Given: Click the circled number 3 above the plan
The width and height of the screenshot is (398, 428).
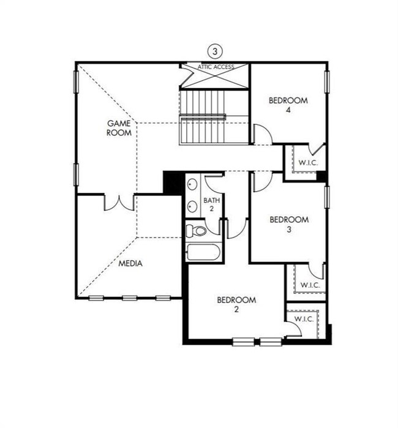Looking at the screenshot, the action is click(x=215, y=51).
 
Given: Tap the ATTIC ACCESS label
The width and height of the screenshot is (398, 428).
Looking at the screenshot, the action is click(x=216, y=67).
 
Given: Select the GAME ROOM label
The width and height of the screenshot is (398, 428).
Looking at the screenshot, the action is click(x=119, y=128).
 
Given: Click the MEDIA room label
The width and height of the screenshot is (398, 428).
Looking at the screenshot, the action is click(x=130, y=263).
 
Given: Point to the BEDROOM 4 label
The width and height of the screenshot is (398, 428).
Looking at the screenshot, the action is click(x=288, y=105).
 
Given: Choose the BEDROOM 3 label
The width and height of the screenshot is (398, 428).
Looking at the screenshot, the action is click(x=289, y=224).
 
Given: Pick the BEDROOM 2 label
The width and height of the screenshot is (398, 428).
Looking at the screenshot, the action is click(x=236, y=305).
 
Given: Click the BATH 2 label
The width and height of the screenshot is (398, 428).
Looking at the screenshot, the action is click(x=212, y=205).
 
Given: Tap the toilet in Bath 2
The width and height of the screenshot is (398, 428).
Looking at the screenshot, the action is click(x=197, y=231).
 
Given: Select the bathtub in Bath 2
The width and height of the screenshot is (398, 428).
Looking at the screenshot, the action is click(x=203, y=252).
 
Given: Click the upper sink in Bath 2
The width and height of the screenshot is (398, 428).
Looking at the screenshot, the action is click(x=192, y=184).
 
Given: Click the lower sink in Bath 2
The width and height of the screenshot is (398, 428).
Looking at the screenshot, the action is click(x=192, y=206).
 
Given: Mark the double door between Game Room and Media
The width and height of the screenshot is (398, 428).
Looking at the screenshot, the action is click(x=119, y=203).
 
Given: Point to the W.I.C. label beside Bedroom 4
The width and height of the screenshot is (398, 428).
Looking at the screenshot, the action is click(x=308, y=163).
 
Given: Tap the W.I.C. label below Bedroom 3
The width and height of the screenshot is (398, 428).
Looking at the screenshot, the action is click(x=310, y=285).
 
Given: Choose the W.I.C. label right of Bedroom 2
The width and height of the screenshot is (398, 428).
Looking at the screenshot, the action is click(x=304, y=319).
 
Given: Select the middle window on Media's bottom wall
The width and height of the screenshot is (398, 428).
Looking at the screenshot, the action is click(x=129, y=298).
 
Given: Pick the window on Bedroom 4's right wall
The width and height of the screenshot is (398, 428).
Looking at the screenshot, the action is click(x=327, y=82).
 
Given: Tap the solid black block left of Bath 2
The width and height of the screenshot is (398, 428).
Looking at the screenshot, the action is click(x=173, y=183).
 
